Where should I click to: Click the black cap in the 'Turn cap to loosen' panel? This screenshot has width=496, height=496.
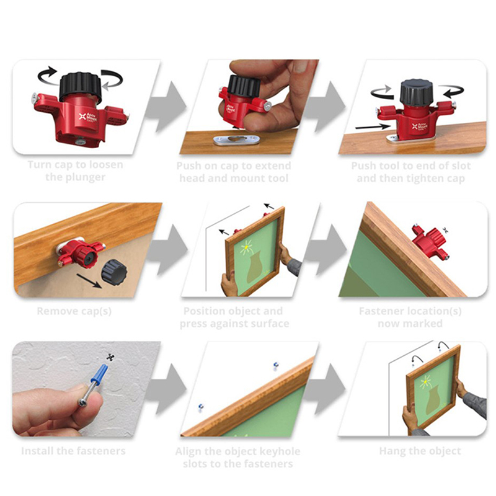[x=81, y=87]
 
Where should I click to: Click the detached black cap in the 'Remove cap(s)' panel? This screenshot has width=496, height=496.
[x=114, y=272]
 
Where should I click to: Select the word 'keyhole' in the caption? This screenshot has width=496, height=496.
[x=281, y=451]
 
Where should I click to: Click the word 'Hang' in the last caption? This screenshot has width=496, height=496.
[x=392, y=451]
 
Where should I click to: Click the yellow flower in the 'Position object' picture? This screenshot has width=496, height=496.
[x=246, y=247]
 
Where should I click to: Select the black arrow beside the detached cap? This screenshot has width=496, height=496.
[x=89, y=281]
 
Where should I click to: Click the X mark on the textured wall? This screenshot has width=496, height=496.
[x=110, y=357]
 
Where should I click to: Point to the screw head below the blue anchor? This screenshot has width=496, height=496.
[x=82, y=402]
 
